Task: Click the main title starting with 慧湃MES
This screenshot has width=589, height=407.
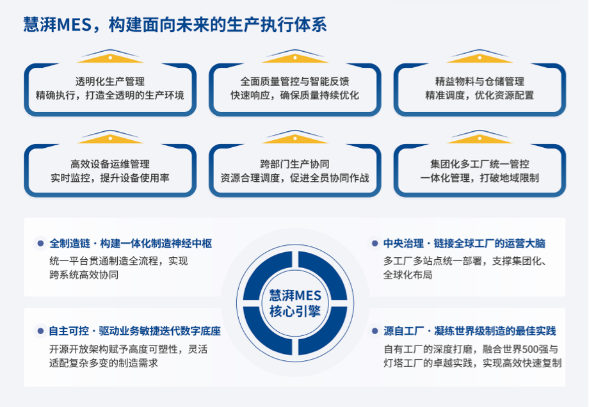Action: (174, 24)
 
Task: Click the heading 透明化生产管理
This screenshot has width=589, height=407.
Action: (110, 81)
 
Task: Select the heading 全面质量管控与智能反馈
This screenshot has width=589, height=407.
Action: (294, 81)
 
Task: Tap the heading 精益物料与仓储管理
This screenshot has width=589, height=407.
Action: (480, 81)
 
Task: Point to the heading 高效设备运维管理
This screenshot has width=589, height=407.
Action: (110, 164)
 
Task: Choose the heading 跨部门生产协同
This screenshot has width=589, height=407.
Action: (294, 164)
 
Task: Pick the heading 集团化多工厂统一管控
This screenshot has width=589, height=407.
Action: (480, 164)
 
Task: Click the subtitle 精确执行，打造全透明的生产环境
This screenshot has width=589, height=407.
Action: (110, 95)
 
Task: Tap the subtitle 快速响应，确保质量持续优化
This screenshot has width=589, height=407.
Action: (294, 95)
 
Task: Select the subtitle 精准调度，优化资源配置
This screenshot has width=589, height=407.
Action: (480, 95)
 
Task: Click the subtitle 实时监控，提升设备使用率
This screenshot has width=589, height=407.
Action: (110, 178)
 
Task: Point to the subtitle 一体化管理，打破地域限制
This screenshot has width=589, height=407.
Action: (480, 178)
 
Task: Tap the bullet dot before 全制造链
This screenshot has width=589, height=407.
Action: (40, 244)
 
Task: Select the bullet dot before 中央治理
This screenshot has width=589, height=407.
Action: (375, 244)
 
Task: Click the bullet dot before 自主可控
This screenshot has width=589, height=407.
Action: (40, 331)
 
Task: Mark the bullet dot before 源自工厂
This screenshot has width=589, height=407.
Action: (375, 331)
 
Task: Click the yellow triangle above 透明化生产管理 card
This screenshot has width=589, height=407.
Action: (110, 58)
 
